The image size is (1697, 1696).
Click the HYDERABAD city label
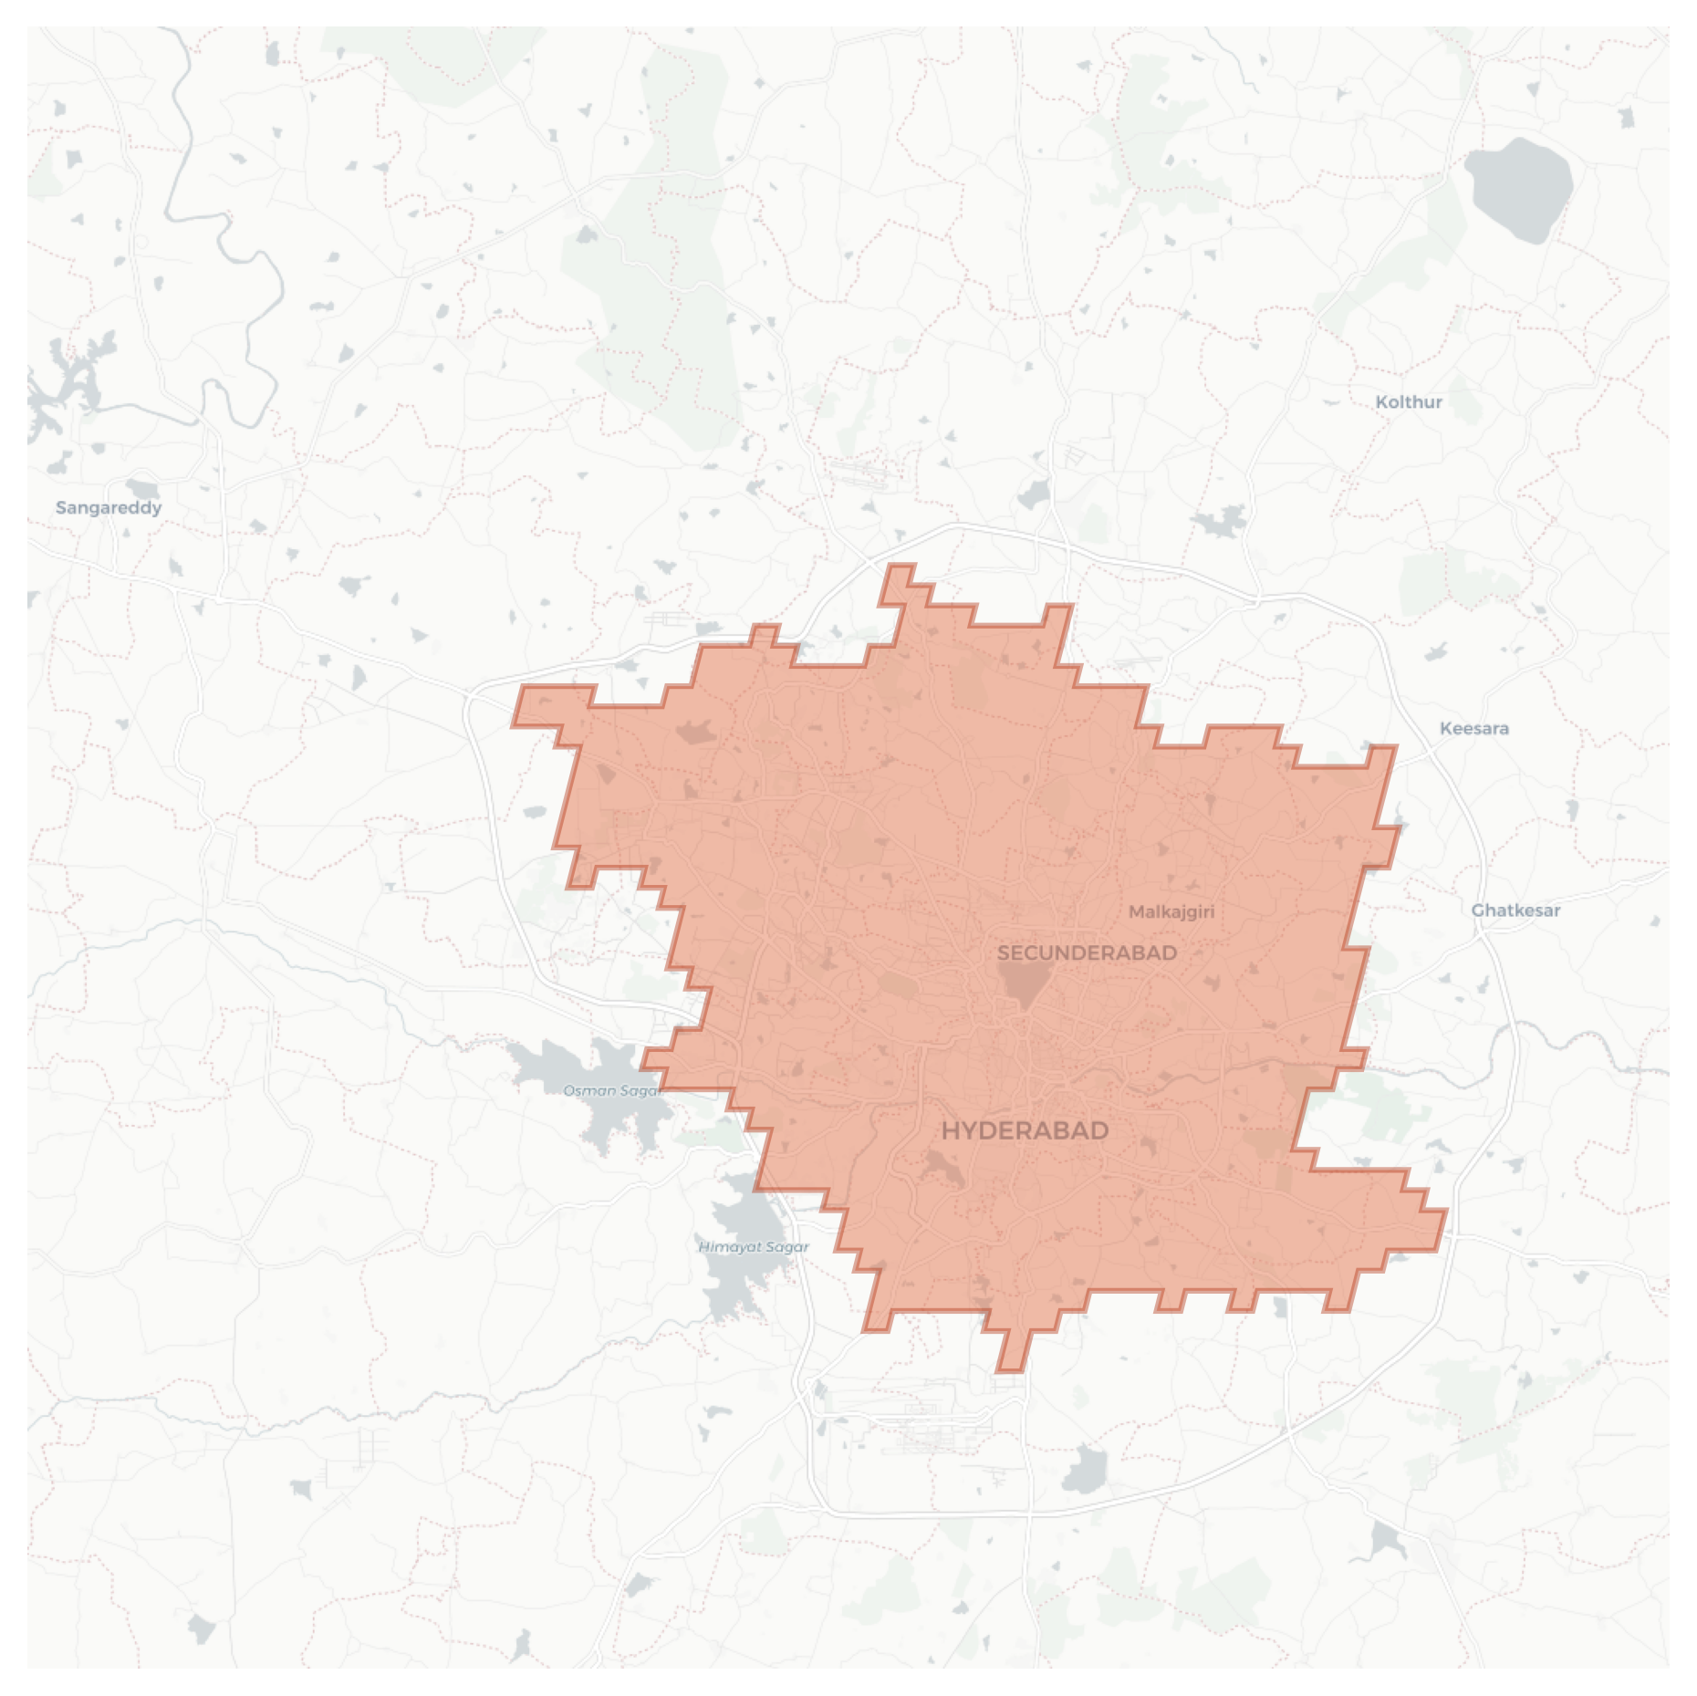pyautogui.click(x=1025, y=1131)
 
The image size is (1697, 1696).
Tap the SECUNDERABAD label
pyautogui.click(x=1087, y=953)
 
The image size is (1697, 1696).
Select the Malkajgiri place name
pyautogui.click(x=1171, y=911)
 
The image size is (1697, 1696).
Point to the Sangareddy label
pyautogui.click(x=109, y=507)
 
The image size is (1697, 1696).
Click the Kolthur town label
pyautogui.click(x=1409, y=402)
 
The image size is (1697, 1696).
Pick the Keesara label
pyautogui.click(x=1473, y=728)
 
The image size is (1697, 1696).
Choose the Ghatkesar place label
pyautogui.click(x=1515, y=910)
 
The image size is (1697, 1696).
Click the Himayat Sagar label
pyautogui.click(x=754, y=1246)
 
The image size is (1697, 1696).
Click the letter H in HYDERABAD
pyautogui.click(x=951, y=1131)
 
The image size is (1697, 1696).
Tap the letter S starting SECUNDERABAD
pyautogui.click(x=1004, y=953)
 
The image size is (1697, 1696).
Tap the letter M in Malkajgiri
pyautogui.click(x=1136, y=911)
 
